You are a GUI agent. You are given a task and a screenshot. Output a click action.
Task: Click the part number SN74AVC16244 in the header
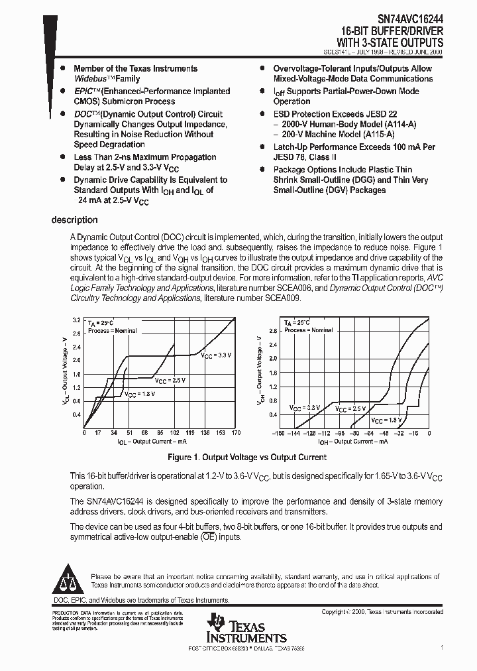click(405, 20)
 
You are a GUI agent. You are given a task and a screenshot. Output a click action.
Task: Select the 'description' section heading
click(75, 220)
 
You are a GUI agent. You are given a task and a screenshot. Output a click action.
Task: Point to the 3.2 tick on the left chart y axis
click(76, 320)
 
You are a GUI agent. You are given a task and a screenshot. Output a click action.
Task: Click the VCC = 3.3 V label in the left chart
click(216, 355)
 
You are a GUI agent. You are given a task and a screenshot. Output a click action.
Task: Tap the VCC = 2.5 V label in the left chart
click(170, 381)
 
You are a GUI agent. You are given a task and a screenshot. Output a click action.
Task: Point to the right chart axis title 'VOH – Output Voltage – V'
click(260, 371)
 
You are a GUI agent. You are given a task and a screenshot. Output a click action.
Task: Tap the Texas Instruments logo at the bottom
click(246, 629)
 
